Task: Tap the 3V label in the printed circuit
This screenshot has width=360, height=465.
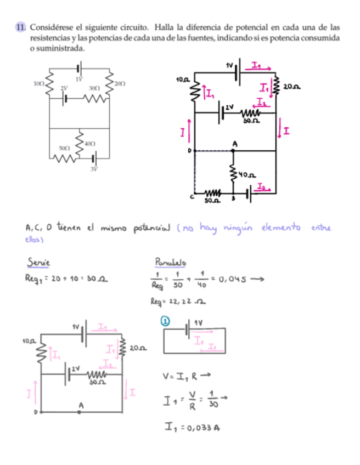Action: [x=94, y=168]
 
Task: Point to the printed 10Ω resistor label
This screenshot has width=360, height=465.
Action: [x=38, y=83]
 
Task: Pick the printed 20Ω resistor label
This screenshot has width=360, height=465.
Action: [x=120, y=83]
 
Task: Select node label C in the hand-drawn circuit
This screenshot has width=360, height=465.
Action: [x=192, y=196]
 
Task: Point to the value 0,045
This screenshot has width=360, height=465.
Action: [x=233, y=279]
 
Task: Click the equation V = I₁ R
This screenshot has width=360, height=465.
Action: [x=183, y=376]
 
